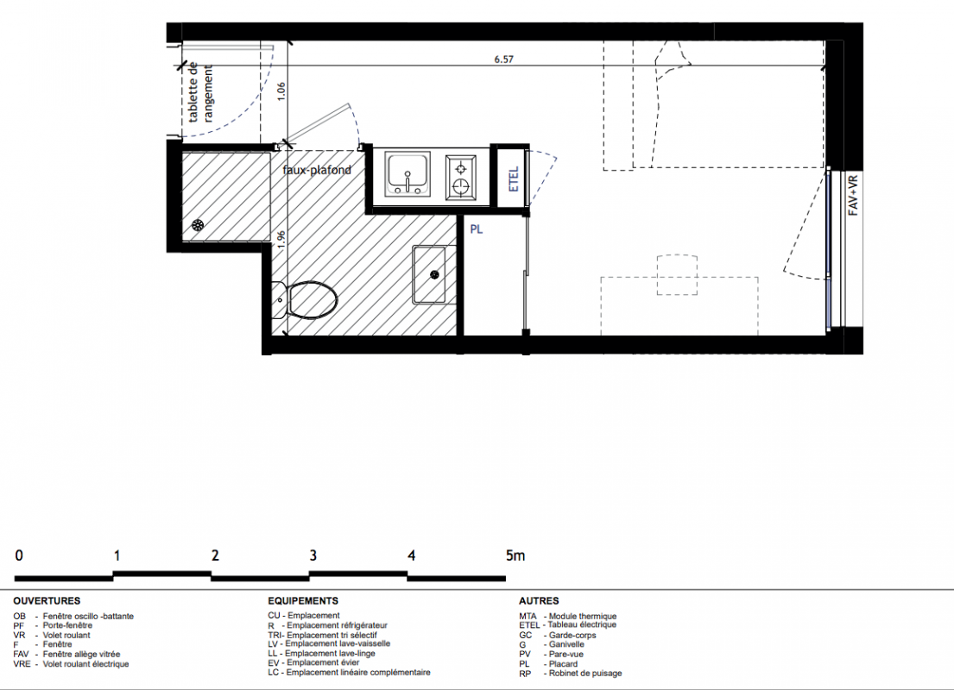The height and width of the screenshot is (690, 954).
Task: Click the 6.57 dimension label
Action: pyautogui.click(x=504, y=60)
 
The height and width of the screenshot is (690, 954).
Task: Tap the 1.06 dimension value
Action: pyautogui.click(x=281, y=91)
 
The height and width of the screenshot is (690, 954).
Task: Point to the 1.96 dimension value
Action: pyautogui.click(x=281, y=240)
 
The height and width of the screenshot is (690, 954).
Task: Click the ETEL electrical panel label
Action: pyautogui.click(x=514, y=179)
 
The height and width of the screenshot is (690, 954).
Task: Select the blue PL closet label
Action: pyautogui.click(x=477, y=229)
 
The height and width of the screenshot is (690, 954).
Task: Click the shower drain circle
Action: pyautogui.click(x=198, y=225)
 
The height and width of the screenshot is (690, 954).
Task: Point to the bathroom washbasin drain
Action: pyautogui.click(x=434, y=275)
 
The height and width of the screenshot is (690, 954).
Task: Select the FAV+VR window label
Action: pyautogui.click(x=853, y=195)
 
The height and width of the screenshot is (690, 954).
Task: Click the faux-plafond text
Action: pyautogui.click(x=317, y=170)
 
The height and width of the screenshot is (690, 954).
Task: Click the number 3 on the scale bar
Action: pyautogui.click(x=313, y=555)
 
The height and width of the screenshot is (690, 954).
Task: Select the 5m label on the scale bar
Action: pyautogui.click(x=515, y=555)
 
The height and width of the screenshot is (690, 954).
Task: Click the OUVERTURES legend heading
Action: pyautogui.click(x=47, y=600)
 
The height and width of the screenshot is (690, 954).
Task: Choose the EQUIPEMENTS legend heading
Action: pyautogui.click(x=303, y=600)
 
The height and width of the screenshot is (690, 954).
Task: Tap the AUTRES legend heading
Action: pyautogui.click(x=539, y=600)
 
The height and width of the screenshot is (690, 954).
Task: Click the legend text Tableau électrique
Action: pyautogui.click(x=582, y=625)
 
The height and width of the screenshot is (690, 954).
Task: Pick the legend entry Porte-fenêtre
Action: pyautogui.click(x=67, y=625)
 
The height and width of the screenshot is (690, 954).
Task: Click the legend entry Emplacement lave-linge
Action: pyautogui.click(x=331, y=654)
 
